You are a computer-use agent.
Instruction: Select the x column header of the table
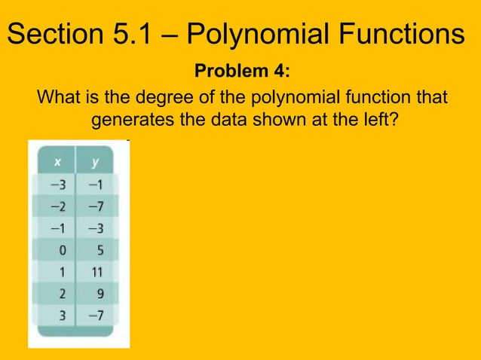pos(56,161)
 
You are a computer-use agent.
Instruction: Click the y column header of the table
pos(96,161)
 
